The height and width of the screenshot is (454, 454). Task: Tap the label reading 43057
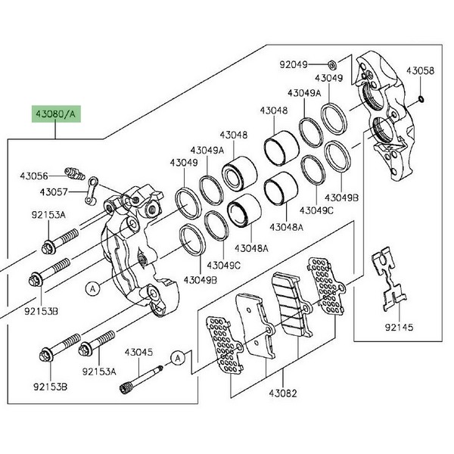click(x=54, y=192)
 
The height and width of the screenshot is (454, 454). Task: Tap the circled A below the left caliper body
click(x=92, y=288)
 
